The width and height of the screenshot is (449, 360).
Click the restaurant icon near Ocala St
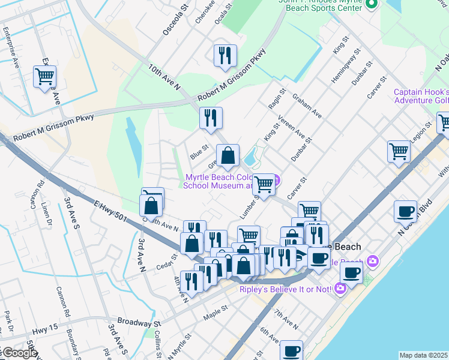tap(225, 55)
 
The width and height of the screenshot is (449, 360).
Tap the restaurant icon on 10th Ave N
tap(211, 118)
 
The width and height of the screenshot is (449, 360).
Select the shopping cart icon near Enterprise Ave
tap(45, 77)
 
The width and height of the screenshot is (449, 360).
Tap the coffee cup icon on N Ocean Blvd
tap(406, 211)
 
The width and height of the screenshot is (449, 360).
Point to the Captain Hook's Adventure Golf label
tap(421, 96)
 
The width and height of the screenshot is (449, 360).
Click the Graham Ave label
tap(307, 105)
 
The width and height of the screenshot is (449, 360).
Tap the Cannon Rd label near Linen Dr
tap(41, 188)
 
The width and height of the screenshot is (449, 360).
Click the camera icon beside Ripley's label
tap(340, 289)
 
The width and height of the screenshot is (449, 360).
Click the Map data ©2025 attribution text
tap(424, 355)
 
